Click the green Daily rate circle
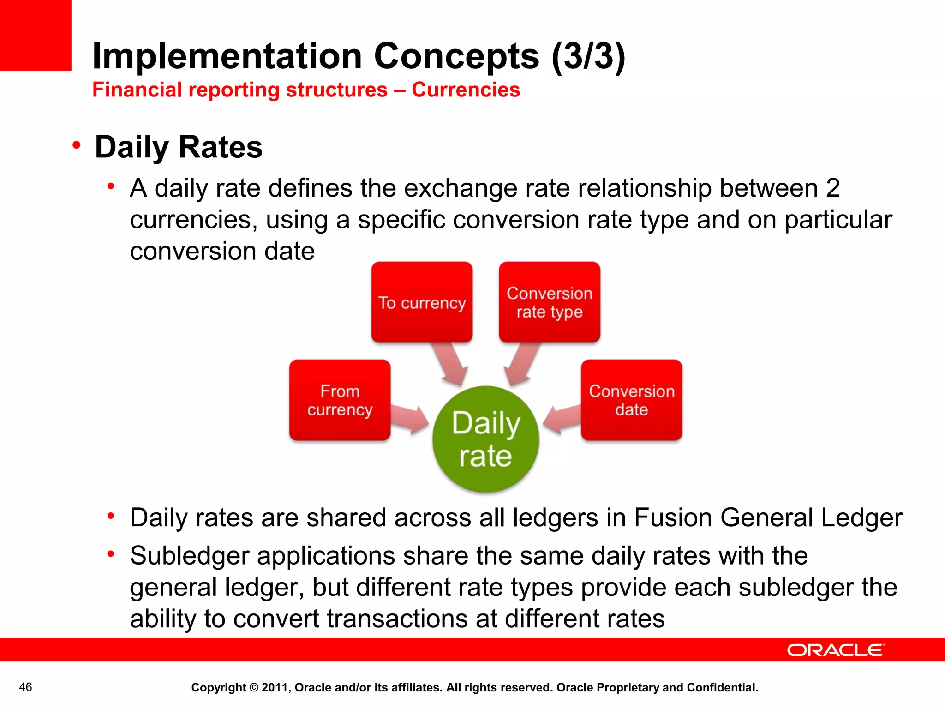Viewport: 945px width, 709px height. (x=485, y=439)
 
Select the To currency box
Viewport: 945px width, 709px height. (x=422, y=302)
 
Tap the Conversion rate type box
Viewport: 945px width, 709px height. (x=549, y=302)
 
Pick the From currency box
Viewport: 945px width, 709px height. (x=340, y=400)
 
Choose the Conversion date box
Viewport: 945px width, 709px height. (x=631, y=400)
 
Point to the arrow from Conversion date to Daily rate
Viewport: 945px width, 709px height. (x=562, y=418)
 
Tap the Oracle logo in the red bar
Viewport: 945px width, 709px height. (x=836, y=650)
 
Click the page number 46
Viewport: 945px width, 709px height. (x=25, y=687)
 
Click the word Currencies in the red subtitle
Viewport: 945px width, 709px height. (x=466, y=90)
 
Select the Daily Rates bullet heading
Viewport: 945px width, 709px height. (x=179, y=147)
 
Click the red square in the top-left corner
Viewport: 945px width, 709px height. (x=36, y=35)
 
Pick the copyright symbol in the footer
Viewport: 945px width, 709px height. (x=254, y=688)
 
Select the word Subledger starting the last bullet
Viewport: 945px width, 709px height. (x=189, y=556)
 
